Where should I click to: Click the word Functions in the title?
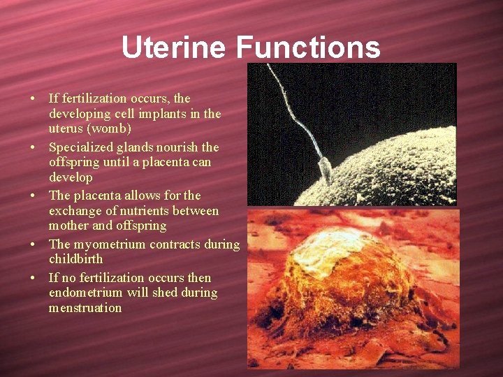(308, 47)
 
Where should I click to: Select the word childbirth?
(75, 259)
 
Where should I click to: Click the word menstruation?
(85, 308)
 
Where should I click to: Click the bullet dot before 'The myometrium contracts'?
(34, 245)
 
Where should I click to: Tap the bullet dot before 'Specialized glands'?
(34, 148)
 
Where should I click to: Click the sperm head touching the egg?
(325, 168)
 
